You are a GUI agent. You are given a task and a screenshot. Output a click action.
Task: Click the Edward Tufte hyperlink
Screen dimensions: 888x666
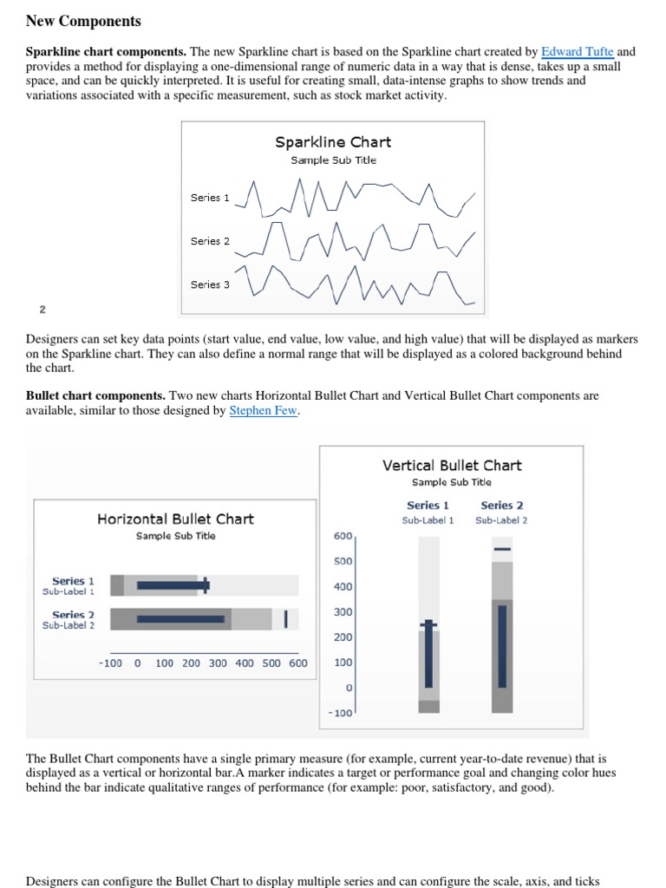(x=577, y=52)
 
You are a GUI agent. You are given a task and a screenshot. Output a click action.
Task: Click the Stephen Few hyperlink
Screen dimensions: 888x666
(x=264, y=411)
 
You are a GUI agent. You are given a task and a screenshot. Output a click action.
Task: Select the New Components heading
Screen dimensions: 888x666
(x=83, y=21)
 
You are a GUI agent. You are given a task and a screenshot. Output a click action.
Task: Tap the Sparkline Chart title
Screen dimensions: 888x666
(x=333, y=142)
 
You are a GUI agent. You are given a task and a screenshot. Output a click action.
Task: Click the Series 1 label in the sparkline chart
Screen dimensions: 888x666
(x=210, y=198)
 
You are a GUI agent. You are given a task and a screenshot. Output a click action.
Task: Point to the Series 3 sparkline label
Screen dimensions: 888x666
(x=210, y=284)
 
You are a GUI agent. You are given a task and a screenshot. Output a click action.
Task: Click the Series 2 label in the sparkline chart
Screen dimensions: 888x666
(x=210, y=241)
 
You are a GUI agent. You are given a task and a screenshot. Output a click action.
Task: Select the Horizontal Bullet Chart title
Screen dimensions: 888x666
(x=175, y=519)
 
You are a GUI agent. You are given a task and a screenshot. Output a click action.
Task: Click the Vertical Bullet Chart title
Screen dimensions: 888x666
(x=452, y=466)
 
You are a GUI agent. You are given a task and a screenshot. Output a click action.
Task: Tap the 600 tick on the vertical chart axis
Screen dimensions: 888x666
(x=343, y=536)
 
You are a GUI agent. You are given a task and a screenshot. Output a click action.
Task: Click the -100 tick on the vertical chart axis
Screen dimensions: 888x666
(x=341, y=713)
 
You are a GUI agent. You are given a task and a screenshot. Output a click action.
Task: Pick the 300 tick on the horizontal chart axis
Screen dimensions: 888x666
(x=218, y=663)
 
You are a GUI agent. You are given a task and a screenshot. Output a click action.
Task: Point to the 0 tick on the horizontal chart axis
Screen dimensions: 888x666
(x=137, y=663)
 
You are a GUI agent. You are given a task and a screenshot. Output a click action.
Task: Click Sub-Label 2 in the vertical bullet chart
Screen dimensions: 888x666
(x=501, y=520)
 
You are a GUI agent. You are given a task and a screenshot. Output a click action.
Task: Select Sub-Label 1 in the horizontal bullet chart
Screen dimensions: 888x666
(x=69, y=591)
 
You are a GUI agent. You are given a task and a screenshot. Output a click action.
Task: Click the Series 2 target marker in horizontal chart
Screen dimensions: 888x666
(x=285, y=618)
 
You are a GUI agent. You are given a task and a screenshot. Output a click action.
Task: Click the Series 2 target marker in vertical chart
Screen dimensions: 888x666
(x=502, y=549)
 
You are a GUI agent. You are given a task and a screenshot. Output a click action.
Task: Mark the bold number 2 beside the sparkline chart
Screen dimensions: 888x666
(x=42, y=310)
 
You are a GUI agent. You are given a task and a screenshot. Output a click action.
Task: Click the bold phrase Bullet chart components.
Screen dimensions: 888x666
(x=95, y=395)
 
